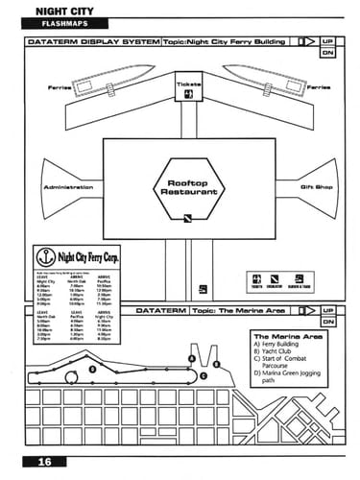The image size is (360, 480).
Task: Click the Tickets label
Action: (189, 84)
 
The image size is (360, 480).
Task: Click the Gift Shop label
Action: (316, 186)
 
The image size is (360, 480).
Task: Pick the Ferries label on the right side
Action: (320, 86)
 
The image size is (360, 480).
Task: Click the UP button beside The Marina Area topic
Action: (327, 312)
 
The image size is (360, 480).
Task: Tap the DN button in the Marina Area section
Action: (327, 323)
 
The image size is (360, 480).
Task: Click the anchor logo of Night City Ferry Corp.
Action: (41, 256)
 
